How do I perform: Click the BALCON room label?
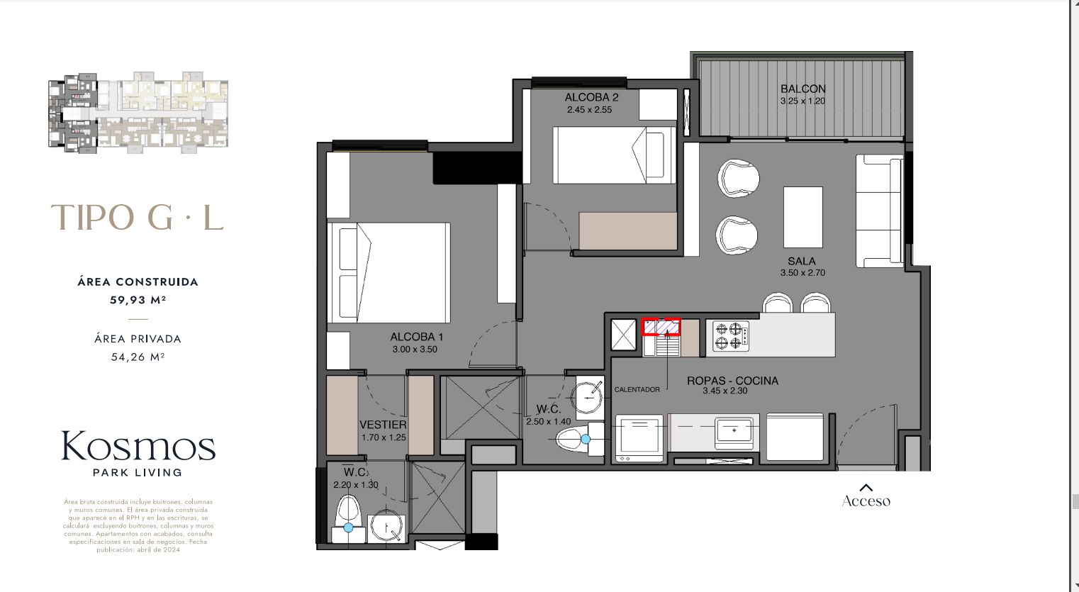pos(803,89)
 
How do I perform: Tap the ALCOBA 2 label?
pos(591,97)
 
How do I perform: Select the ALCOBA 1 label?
pos(416,337)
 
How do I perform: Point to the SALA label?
pos(802,261)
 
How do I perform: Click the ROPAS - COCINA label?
pos(732,381)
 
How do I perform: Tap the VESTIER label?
pos(383,425)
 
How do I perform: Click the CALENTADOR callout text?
pos(637,390)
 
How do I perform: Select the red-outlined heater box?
pos(661,326)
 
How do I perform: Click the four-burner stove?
pos(730,336)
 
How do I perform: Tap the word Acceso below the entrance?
pos(866,501)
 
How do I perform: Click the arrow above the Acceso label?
pos(866,487)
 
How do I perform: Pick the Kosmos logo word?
pos(138,447)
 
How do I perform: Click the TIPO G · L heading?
pos(138,218)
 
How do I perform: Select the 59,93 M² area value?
pos(138,300)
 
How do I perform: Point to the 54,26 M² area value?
pos(138,357)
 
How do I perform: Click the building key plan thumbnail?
pos(138,112)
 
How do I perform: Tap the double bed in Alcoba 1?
pos(388,272)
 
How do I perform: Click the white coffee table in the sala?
pos(803,217)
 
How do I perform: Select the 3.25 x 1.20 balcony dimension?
pos(803,101)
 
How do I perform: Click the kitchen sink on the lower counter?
pos(734,430)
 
